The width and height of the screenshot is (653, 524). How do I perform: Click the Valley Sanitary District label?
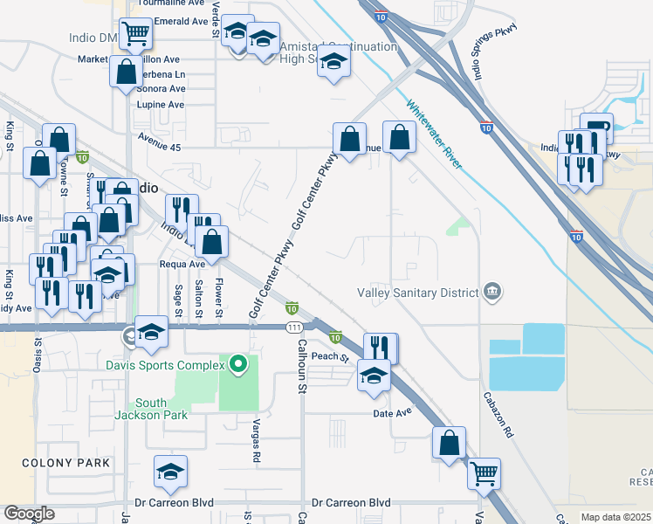(418, 293)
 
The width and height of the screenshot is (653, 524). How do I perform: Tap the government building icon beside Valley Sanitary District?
(492, 291)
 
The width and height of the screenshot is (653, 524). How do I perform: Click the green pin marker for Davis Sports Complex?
(237, 363)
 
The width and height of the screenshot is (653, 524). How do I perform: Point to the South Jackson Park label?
(162, 409)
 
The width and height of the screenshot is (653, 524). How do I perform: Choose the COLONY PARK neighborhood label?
(66, 463)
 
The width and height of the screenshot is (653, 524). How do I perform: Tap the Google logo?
(29, 513)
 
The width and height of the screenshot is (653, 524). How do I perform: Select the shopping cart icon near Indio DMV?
(134, 34)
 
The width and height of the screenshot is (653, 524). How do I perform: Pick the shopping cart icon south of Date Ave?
(484, 474)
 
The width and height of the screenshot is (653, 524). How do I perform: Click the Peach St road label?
(330, 357)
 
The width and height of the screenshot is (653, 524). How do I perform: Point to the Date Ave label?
(391, 412)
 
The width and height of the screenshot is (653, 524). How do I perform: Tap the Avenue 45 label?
(158, 148)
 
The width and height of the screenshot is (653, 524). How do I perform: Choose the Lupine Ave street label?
(161, 105)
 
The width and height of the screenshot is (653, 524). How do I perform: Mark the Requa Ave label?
(182, 264)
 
